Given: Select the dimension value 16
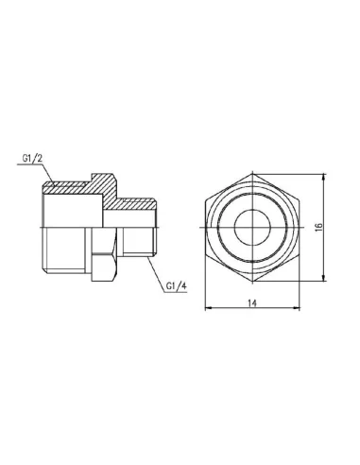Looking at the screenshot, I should point(319,227).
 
